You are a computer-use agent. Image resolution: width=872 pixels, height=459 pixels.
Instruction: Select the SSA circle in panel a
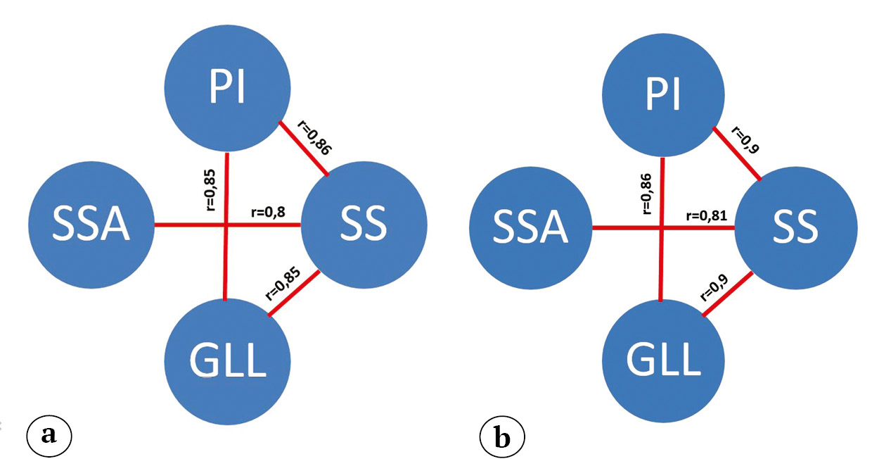91,225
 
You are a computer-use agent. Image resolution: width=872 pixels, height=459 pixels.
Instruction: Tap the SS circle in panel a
364,225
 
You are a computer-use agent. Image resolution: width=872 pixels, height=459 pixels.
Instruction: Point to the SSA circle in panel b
531,227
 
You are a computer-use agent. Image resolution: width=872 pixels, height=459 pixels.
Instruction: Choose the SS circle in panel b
796,227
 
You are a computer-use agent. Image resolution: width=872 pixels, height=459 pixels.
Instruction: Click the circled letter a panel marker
49,434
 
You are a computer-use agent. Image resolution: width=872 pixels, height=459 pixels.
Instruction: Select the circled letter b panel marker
501,437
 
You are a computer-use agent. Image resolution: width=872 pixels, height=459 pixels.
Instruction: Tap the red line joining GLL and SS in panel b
731,296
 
